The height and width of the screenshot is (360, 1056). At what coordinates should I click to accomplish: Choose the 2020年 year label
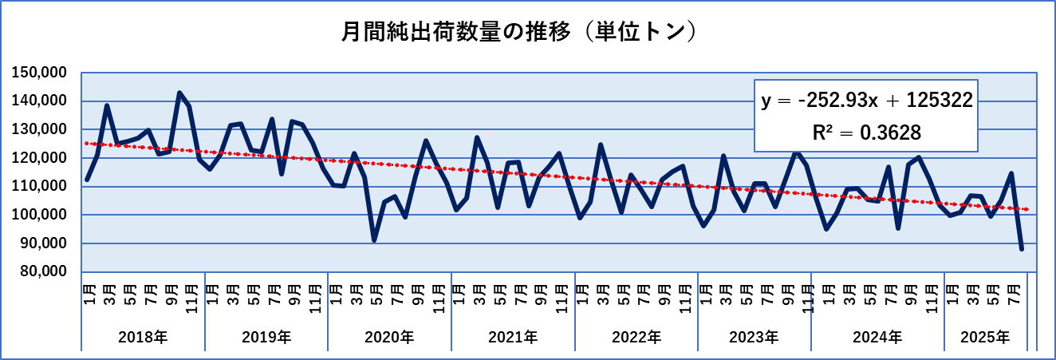pos(389,337)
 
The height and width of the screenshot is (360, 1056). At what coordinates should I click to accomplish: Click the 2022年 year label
pos(636,337)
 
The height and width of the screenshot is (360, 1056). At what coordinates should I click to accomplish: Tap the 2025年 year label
pos(986,337)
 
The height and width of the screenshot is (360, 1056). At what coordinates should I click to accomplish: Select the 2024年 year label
pos(877,337)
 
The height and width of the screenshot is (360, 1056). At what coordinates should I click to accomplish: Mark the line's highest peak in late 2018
pos(179,93)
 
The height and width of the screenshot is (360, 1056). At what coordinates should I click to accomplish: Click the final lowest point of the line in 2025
pos(1022,249)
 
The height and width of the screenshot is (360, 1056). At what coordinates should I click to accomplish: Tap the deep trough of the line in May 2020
pos(374,239)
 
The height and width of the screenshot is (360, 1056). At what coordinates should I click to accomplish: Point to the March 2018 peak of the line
pos(107,105)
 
